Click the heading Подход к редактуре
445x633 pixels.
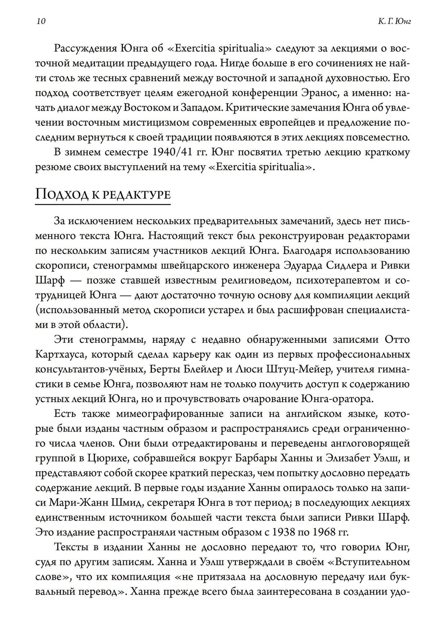(102, 194)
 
